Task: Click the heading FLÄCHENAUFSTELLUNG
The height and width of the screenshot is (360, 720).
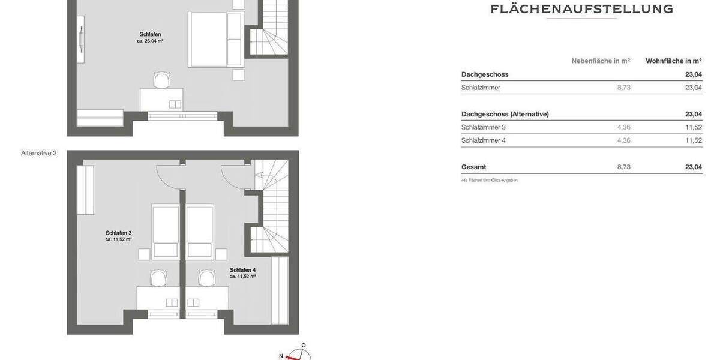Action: coord(581,9)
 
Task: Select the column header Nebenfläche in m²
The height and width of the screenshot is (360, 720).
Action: coord(601,61)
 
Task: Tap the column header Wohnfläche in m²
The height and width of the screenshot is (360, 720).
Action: coord(673,61)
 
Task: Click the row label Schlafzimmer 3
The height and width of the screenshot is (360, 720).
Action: coord(483,127)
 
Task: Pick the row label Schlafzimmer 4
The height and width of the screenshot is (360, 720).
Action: coord(483,140)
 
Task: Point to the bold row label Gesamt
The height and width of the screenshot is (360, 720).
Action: coord(473,167)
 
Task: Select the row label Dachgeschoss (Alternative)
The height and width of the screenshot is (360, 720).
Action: coord(505,114)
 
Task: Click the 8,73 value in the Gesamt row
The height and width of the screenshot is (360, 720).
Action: coord(623,167)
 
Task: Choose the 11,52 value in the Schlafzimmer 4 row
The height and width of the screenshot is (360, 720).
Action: coord(693,140)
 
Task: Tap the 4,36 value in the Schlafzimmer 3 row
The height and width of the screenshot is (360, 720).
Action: coord(623,127)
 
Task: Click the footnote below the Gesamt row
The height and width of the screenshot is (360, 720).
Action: coord(489,180)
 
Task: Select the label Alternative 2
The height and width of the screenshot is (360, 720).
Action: coord(38,153)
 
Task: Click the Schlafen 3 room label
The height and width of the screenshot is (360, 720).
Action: coord(118,233)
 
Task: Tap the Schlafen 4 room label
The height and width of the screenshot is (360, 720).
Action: coord(242,271)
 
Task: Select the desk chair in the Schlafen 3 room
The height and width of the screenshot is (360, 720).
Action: coord(158,278)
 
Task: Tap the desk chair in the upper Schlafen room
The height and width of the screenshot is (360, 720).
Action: coord(161,80)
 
